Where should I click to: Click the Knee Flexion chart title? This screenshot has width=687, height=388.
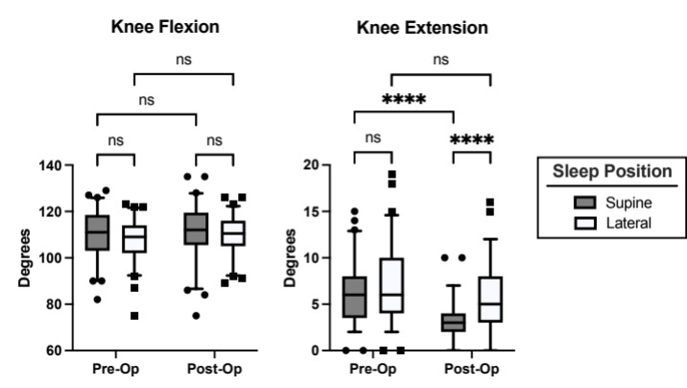pyautogui.click(x=163, y=27)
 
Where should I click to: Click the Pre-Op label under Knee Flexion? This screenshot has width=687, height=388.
pyautogui.click(x=114, y=370)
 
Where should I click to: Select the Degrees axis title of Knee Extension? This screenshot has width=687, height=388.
pyautogui.click(x=290, y=257)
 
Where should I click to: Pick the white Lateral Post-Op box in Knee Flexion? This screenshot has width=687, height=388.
pyautogui.click(x=233, y=233)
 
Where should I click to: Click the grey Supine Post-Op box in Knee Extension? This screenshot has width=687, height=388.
pyautogui.click(x=453, y=322)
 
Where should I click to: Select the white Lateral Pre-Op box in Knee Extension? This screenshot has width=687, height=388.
pyautogui.click(x=391, y=285)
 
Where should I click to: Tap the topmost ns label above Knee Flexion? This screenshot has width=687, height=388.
pyautogui.click(x=183, y=58)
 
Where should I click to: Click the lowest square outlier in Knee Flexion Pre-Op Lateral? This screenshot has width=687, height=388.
pyautogui.click(x=134, y=315)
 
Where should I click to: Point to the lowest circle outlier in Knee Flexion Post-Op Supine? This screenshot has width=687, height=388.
pyautogui.click(x=196, y=315)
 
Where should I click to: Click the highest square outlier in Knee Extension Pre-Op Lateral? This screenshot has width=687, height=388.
pyautogui.click(x=391, y=175)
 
